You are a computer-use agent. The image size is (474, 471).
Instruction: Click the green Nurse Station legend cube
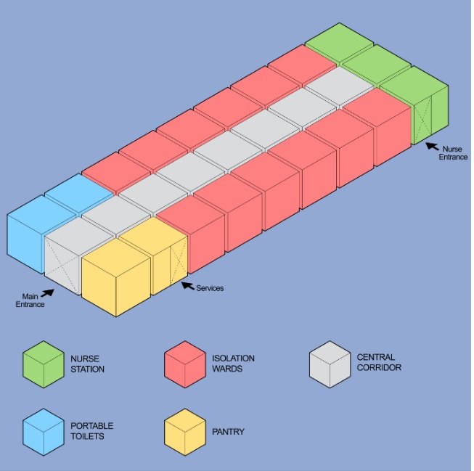(x=44, y=364)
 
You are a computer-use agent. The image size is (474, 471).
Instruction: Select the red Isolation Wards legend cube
(x=185, y=364)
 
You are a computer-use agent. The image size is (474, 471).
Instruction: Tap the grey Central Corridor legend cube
(x=330, y=364)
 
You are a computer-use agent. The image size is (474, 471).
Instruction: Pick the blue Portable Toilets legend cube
(x=44, y=432)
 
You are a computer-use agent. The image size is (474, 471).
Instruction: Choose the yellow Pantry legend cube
(x=185, y=432)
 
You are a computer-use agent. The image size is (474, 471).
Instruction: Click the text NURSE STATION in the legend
(x=87, y=364)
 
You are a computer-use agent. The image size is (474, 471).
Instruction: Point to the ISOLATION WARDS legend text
(x=233, y=364)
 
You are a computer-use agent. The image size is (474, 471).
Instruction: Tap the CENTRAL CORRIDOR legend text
(x=379, y=362)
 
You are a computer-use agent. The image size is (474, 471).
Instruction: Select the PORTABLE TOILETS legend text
(x=92, y=431)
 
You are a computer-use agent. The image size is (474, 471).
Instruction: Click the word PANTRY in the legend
(x=228, y=431)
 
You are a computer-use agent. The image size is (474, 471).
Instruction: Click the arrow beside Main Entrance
(x=48, y=293)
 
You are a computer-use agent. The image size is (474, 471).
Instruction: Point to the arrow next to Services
(x=188, y=286)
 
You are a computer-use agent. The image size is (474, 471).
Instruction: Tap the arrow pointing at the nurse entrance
(x=433, y=147)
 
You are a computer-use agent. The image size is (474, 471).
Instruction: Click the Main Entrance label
(x=30, y=300)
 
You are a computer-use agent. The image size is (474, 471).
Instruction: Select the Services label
(x=210, y=288)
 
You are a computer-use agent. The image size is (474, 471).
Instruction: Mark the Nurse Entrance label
(x=453, y=153)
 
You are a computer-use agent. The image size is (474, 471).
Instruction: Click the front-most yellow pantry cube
(x=116, y=277)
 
